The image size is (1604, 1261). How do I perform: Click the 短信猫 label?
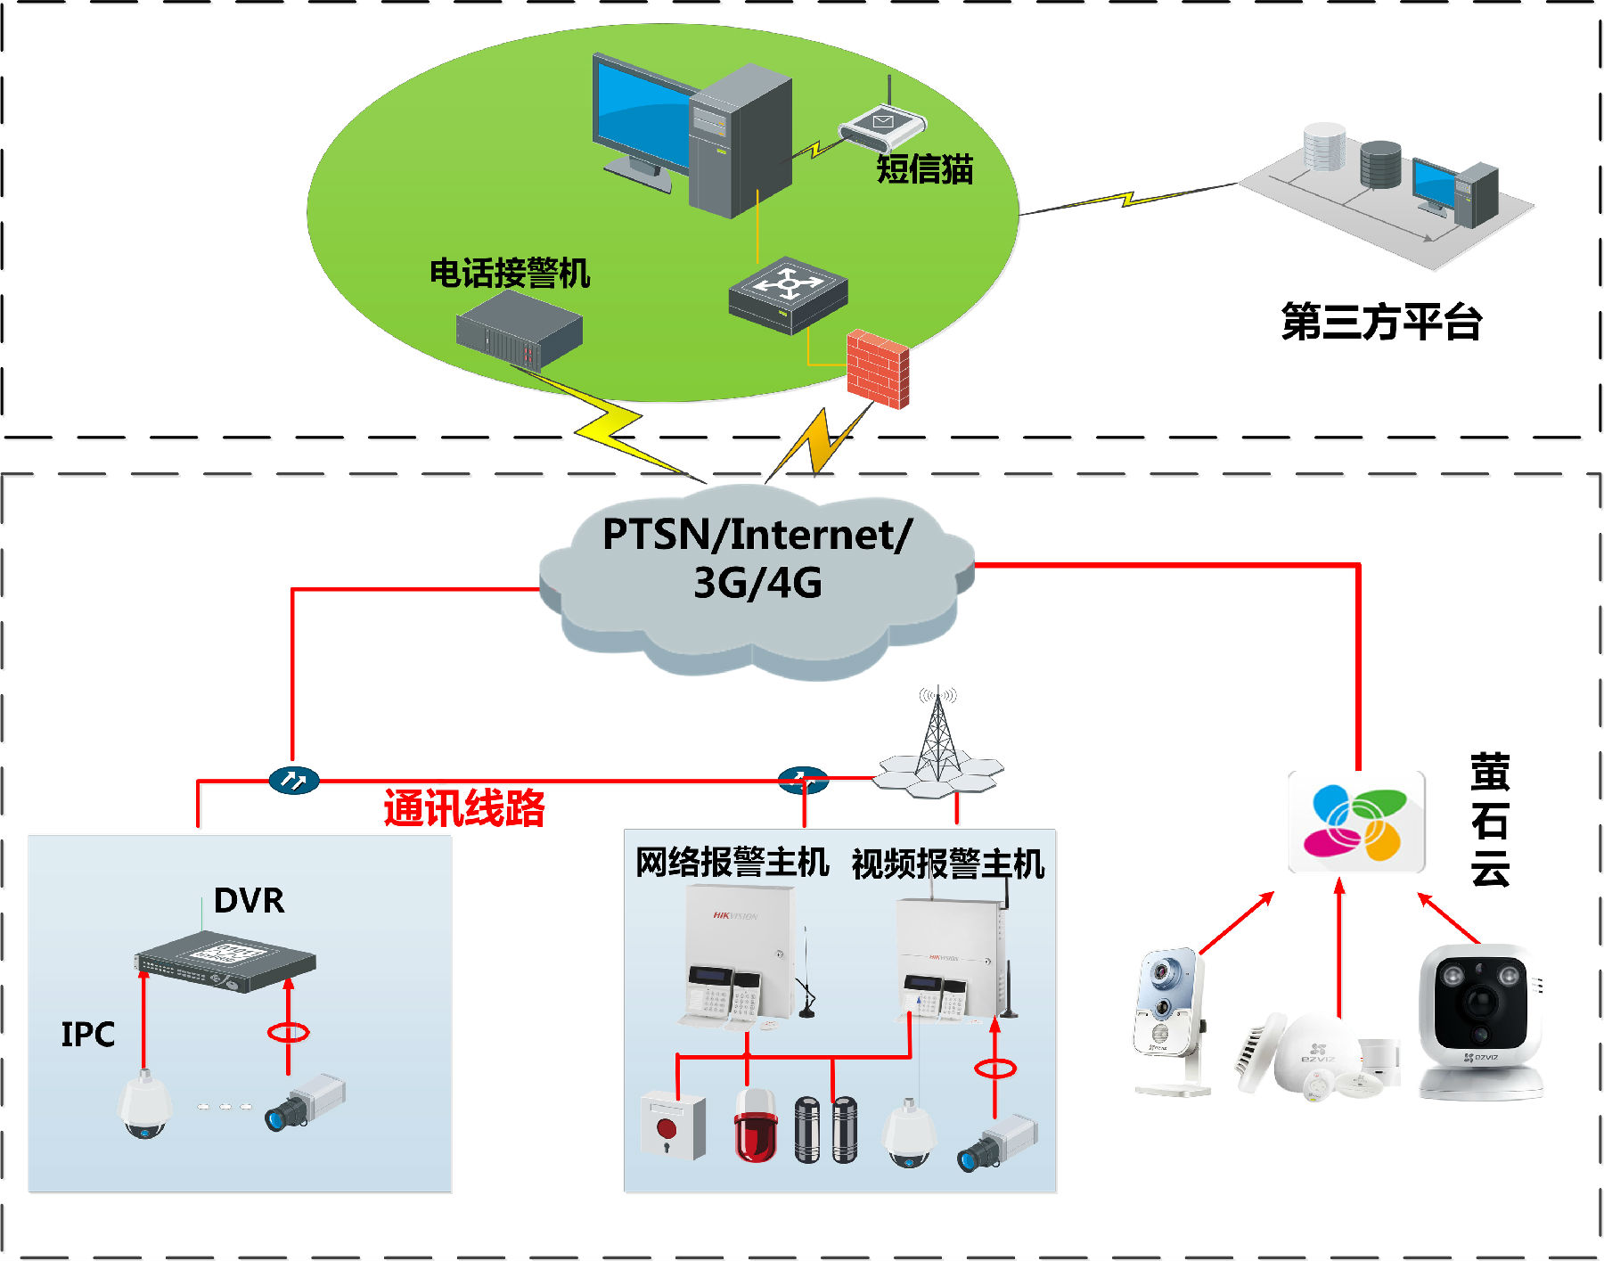(924, 169)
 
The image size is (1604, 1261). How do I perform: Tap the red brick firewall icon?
(878, 369)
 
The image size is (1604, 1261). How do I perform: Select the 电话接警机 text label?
(510, 273)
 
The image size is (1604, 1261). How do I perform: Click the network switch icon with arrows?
(788, 295)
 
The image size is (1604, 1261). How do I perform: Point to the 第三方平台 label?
(1381, 322)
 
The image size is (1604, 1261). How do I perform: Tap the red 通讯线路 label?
(463, 808)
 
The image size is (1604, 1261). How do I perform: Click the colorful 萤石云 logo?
(1355, 822)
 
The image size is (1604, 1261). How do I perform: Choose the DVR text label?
(249, 901)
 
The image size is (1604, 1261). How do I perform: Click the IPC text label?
(87, 1035)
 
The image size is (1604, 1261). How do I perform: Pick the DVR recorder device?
(225, 963)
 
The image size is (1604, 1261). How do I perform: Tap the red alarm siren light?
(756, 1124)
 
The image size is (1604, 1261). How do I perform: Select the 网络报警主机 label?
(732, 863)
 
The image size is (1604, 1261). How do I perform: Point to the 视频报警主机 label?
(947, 864)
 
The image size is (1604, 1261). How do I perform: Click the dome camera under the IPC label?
(143, 1105)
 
